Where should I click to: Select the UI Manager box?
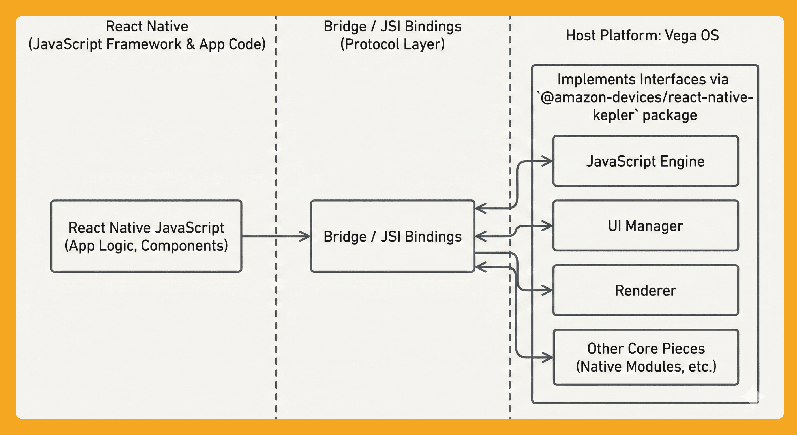tap(645, 226)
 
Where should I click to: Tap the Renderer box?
tap(645, 290)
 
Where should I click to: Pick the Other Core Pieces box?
tap(645, 357)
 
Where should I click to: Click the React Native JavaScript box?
tap(146, 236)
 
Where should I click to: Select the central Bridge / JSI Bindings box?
tap(392, 236)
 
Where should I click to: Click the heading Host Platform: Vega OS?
tap(642, 35)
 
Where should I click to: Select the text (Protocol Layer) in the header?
tap(392, 44)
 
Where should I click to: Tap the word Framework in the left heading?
tap(144, 44)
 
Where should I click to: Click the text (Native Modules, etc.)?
tap(646, 366)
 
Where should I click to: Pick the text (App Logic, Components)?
tap(146, 246)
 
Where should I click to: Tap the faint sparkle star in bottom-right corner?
tap(753, 396)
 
